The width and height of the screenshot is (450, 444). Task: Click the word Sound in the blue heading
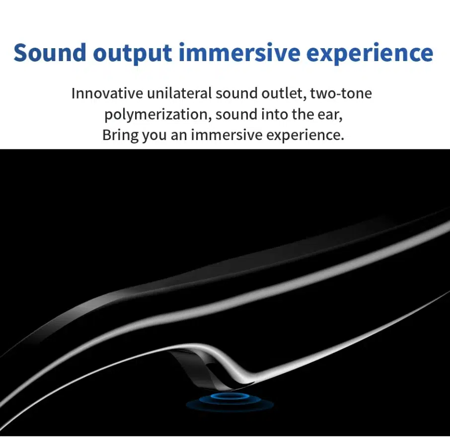[x=50, y=53]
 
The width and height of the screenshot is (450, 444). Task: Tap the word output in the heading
[x=132, y=54]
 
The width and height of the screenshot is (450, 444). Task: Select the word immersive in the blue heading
[x=239, y=53]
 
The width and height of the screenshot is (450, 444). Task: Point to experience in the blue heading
[x=370, y=54]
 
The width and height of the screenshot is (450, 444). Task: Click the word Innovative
[x=107, y=93]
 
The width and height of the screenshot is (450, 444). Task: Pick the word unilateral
[x=179, y=93]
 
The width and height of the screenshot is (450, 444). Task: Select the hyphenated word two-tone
[x=341, y=93]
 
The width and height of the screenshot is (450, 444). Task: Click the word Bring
[x=121, y=135]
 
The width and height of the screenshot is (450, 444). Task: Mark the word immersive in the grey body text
[x=226, y=135]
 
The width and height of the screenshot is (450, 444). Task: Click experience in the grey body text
[x=305, y=136]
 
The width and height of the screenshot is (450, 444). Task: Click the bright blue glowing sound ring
[x=230, y=396]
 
